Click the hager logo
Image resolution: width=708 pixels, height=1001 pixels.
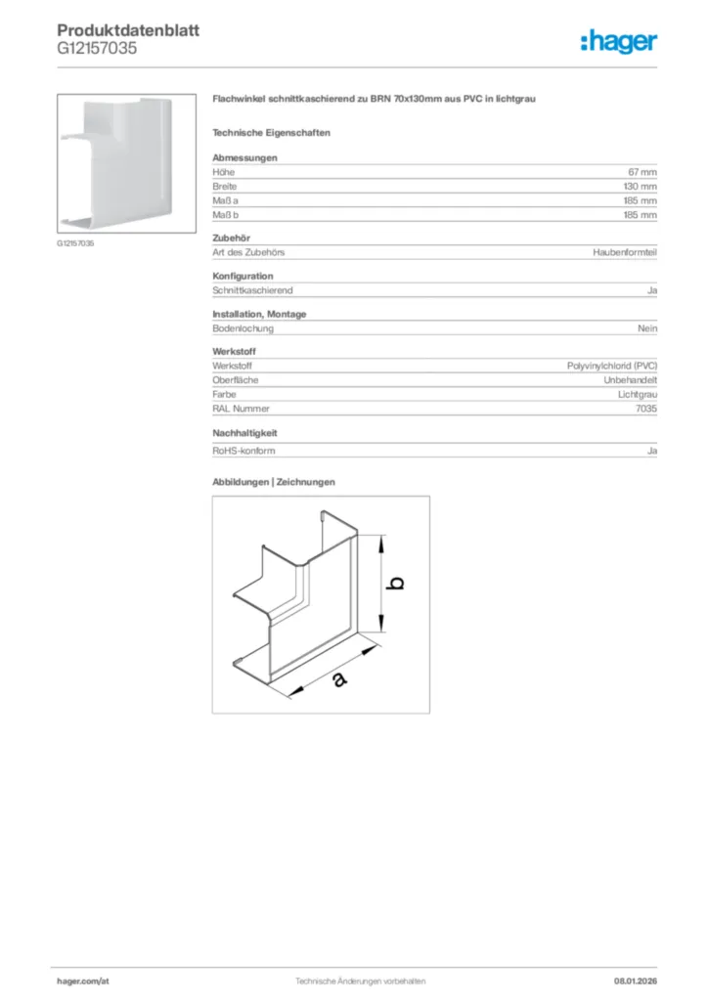pyautogui.click(x=618, y=41)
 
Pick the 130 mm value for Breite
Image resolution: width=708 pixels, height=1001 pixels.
pyautogui.click(x=641, y=186)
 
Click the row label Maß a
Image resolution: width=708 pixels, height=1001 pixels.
pyautogui.click(x=227, y=200)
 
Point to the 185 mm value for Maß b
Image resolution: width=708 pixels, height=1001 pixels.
pyautogui.click(x=641, y=214)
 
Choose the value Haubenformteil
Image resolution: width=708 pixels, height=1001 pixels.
pyautogui.click(x=625, y=251)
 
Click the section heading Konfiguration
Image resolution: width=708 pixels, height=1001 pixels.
pyautogui.click(x=243, y=276)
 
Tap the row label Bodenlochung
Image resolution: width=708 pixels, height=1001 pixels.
pyautogui.click(x=243, y=328)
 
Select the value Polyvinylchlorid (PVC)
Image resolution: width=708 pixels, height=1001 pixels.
pyautogui.click(x=612, y=366)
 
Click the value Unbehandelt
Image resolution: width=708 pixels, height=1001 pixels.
pyautogui.click(x=630, y=379)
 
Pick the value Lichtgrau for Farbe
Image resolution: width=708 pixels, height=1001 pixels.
pyautogui.click(x=637, y=394)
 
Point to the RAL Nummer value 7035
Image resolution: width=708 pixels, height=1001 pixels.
pyautogui.click(x=645, y=409)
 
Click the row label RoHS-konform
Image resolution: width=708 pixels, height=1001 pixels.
pyautogui.click(x=243, y=451)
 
